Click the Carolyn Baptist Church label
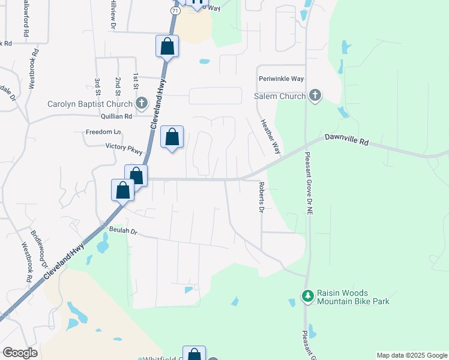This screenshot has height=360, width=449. (x=90, y=103)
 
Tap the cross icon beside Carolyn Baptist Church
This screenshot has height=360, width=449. (x=141, y=103)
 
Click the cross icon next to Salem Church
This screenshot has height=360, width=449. (x=315, y=95)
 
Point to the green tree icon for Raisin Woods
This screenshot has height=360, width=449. (x=307, y=296)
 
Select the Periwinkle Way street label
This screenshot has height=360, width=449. (x=282, y=79)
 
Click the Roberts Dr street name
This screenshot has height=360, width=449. (x=261, y=197)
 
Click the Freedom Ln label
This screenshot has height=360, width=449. (x=104, y=131)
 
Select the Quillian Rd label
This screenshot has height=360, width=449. (x=117, y=116)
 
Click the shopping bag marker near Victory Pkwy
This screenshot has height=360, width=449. (x=172, y=138)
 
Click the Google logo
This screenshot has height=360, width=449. (x=20, y=353)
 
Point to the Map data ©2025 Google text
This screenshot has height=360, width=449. (x=411, y=355)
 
